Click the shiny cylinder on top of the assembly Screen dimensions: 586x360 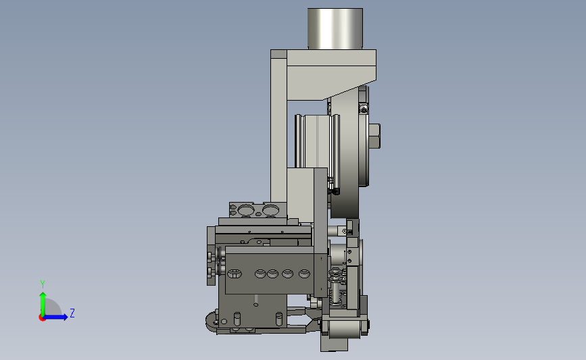pyautogui.click(x=335, y=29)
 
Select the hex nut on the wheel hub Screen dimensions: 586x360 pyautogui.click(x=375, y=136)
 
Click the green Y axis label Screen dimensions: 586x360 pyautogui.click(x=43, y=284)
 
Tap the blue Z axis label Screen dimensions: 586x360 pyautogui.click(x=72, y=313)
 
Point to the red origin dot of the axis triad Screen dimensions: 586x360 pyautogui.click(x=42, y=317)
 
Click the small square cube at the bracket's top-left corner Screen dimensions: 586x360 pyautogui.click(x=278, y=54)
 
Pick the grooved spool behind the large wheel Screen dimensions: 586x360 pyautogui.click(x=317, y=141)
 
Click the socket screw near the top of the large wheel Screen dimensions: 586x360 pyautogui.click(x=364, y=109)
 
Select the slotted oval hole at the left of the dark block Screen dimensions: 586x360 pyautogui.click(x=235, y=274)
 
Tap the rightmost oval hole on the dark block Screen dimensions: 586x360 pyautogui.click(x=305, y=274)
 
